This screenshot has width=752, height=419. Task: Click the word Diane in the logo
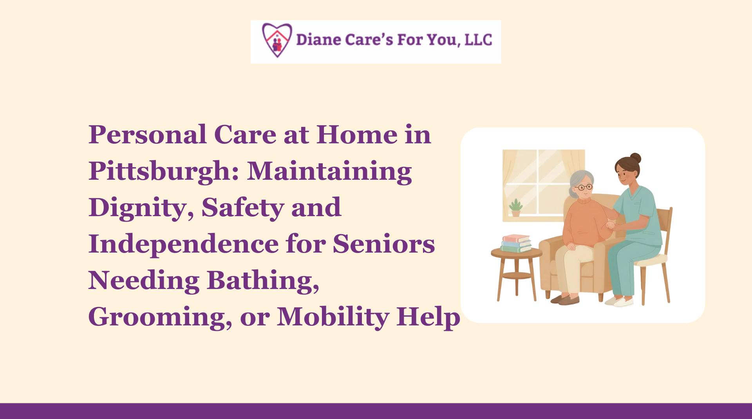(318, 40)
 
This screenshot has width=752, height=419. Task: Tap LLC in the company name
(478, 40)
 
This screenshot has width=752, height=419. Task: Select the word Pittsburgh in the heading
(164, 172)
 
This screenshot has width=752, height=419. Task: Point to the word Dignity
(141, 208)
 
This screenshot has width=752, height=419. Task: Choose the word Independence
(184, 244)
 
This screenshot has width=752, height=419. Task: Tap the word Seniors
(384, 244)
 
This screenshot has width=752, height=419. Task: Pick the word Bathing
(263, 280)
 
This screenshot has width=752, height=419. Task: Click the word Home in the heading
(357, 135)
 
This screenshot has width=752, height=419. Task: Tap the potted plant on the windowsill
(516, 208)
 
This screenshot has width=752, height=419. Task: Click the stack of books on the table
(516, 243)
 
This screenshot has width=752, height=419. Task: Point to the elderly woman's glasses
(584, 188)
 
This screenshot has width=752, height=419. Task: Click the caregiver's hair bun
(635, 158)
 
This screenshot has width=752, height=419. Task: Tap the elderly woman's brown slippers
(565, 300)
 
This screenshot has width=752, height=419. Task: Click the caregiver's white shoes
(619, 302)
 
